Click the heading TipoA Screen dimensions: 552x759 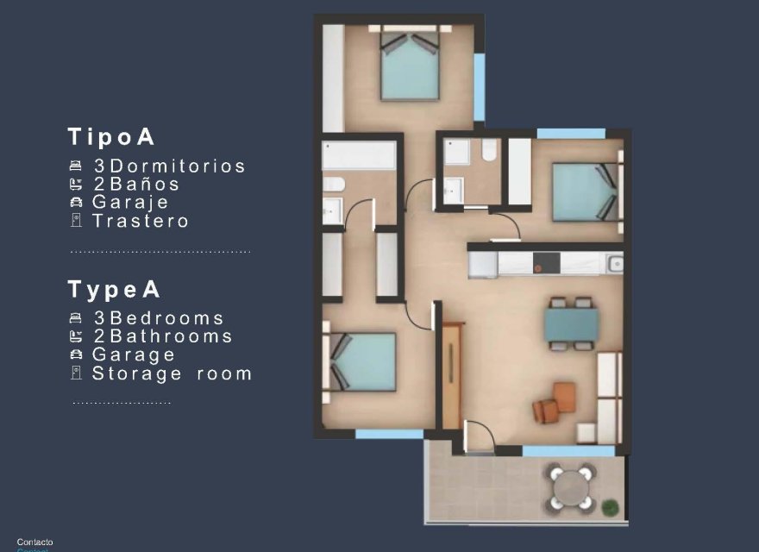pyautogui.click(x=111, y=136)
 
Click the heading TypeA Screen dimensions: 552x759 pyautogui.click(x=114, y=290)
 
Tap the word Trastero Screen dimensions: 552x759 pyautogui.click(x=141, y=221)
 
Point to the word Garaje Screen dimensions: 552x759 pyautogui.click(x=131, y=203)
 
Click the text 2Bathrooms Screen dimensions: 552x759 pyautogui.click(x=163, y=336)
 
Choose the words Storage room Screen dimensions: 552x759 pyautogui.click(x=172, y=373)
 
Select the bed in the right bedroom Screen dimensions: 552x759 pyautogui.click(x=585, y=192)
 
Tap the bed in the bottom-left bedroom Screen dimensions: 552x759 pyautogui.click(x=362, y=361)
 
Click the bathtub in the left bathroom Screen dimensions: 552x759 pyautogui.click(x=359, y=156)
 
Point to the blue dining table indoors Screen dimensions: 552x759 pyautogui.click(x=571, y=325)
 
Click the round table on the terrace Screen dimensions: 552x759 pyautogui.click(x=569, y=487)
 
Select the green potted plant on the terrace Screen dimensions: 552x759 pyautogui.click(x=611, y=506)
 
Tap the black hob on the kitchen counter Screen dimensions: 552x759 pyautogui.click(x=547, y=263)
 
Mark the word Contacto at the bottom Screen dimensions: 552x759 pyautogui.click(x=34, y=542)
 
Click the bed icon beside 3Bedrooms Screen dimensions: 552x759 pyautogui.click(x=76, y=318)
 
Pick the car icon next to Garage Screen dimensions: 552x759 pyautogui.click(x=76, y=354)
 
